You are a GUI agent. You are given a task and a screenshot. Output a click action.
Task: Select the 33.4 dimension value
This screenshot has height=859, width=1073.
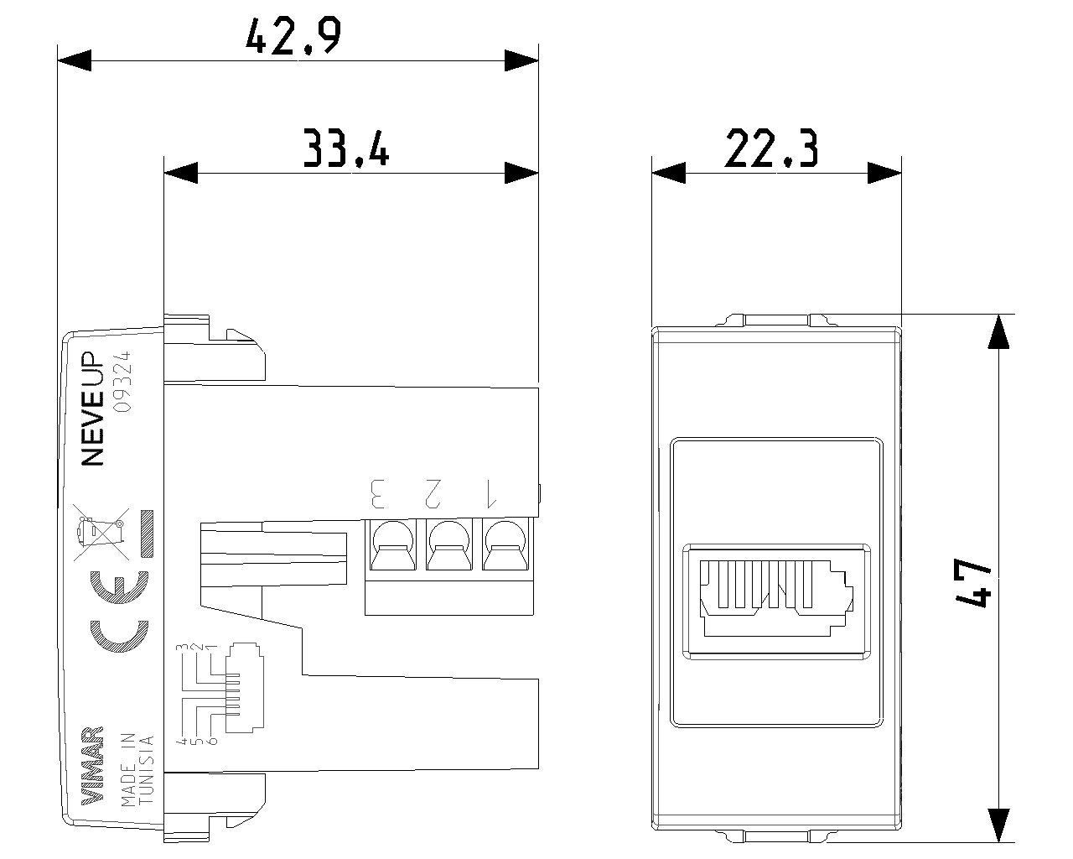(x=345, y=148)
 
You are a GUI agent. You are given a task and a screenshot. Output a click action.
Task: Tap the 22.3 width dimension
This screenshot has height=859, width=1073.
(x=771, y=149)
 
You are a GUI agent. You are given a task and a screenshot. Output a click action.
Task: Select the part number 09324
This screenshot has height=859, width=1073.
(x=123, y=381)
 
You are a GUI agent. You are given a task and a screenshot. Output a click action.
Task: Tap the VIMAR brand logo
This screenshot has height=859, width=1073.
(x=93, y=764)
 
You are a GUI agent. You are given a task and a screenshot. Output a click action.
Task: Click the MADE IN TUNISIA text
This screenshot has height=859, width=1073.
(x=137, y=769)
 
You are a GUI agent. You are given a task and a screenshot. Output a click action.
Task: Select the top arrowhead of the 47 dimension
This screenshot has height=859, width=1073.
(x=998, y=331)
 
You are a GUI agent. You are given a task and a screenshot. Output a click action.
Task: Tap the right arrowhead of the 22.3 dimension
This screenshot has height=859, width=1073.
(x=884, y=173)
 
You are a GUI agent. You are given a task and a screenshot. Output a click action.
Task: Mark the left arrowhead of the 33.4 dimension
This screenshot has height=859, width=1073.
(x=181, y=173)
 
